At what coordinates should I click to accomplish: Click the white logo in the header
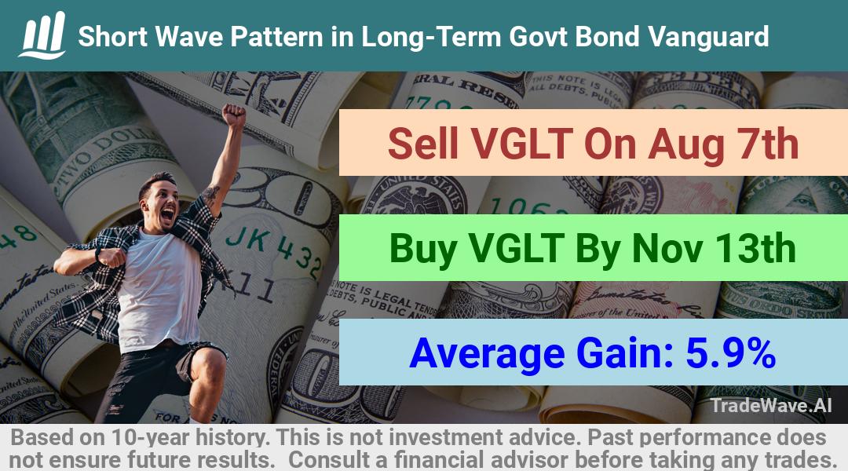(42, 35)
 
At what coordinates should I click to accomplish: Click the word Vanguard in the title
(708, 37)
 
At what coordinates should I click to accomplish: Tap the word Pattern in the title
(277, 37)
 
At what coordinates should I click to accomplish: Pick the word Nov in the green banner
(667, 249)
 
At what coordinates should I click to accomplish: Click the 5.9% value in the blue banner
(731, 353)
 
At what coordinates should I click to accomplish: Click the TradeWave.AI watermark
(771, 405)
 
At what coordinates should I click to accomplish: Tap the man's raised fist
(234, 115)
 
